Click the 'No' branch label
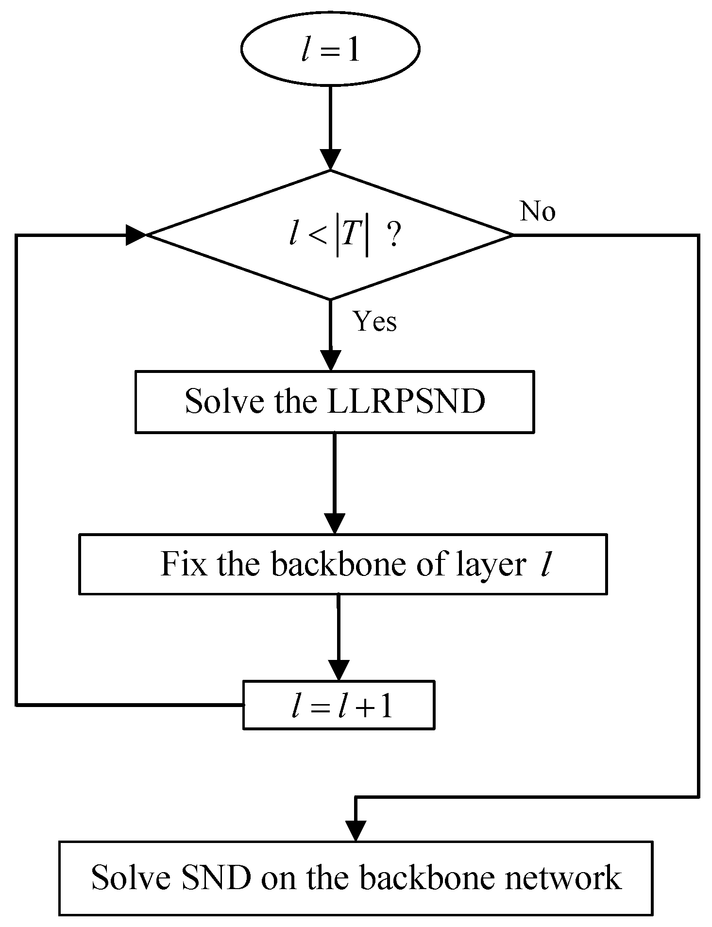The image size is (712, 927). click(x=537, y=212)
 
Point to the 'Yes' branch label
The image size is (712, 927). click(x=375, y=321)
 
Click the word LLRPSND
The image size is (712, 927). click(x=406, y=402)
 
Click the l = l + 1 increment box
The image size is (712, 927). click(x=339, y=705)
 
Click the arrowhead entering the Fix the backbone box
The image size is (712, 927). click(x=334, y=523)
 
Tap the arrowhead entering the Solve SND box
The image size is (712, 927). click(x=356, y=830)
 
